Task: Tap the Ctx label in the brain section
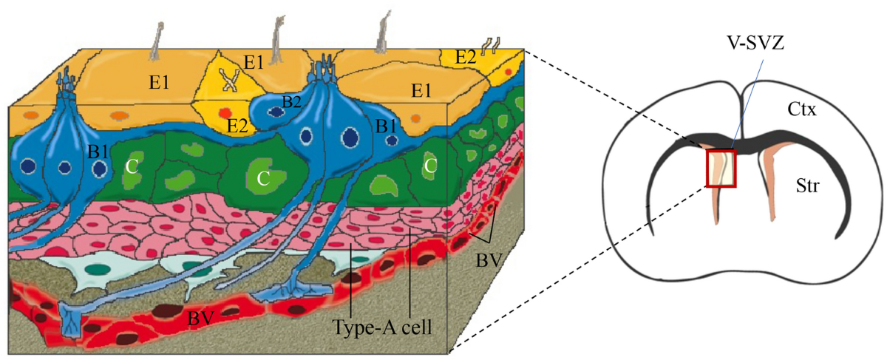click(801, 110)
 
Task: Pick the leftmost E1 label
click(159, 81)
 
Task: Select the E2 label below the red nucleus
click(237, 126)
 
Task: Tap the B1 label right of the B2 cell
click(385, 126)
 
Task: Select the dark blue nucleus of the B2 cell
click(276, 112)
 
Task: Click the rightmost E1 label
click(422, 90)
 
